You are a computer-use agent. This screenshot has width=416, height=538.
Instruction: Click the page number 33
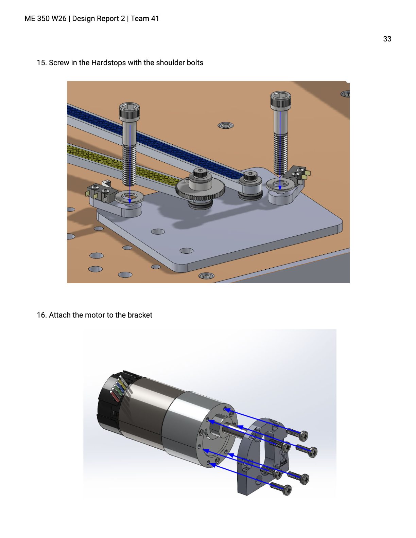(387, 39)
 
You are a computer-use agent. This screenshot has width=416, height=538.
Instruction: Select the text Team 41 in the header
(145, 19)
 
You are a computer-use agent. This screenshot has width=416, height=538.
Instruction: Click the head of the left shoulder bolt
(129, 111)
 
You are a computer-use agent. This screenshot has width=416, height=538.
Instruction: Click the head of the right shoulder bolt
(280, 100)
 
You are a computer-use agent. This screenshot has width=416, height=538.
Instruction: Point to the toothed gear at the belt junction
(201, 190)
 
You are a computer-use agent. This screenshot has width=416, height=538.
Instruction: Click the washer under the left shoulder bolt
(129, 197)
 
